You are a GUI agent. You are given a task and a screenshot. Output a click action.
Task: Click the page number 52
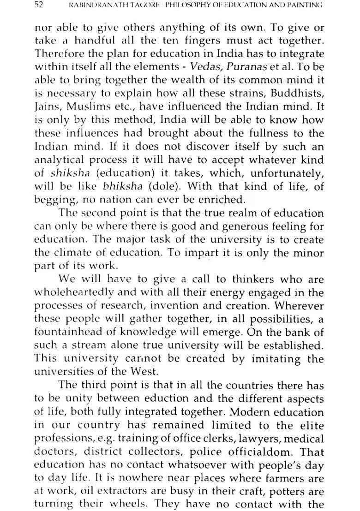pos(38,6)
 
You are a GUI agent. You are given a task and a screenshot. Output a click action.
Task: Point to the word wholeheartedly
pos(77,293)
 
